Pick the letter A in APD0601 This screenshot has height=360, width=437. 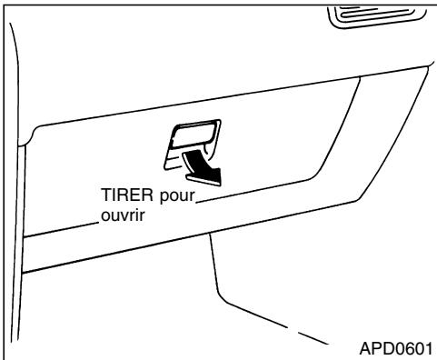(x=364, y=348)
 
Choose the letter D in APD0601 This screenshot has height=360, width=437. (x=385, y=348)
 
